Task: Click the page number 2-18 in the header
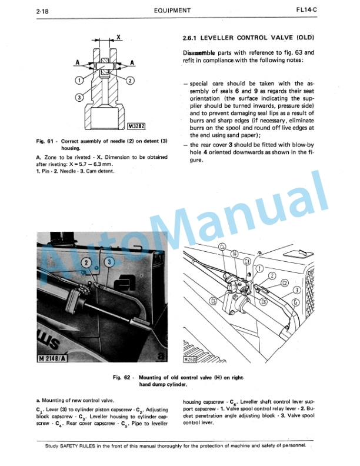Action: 25,10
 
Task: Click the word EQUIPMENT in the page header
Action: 172,10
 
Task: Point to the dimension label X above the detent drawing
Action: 118,36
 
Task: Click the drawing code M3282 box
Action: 136,125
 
